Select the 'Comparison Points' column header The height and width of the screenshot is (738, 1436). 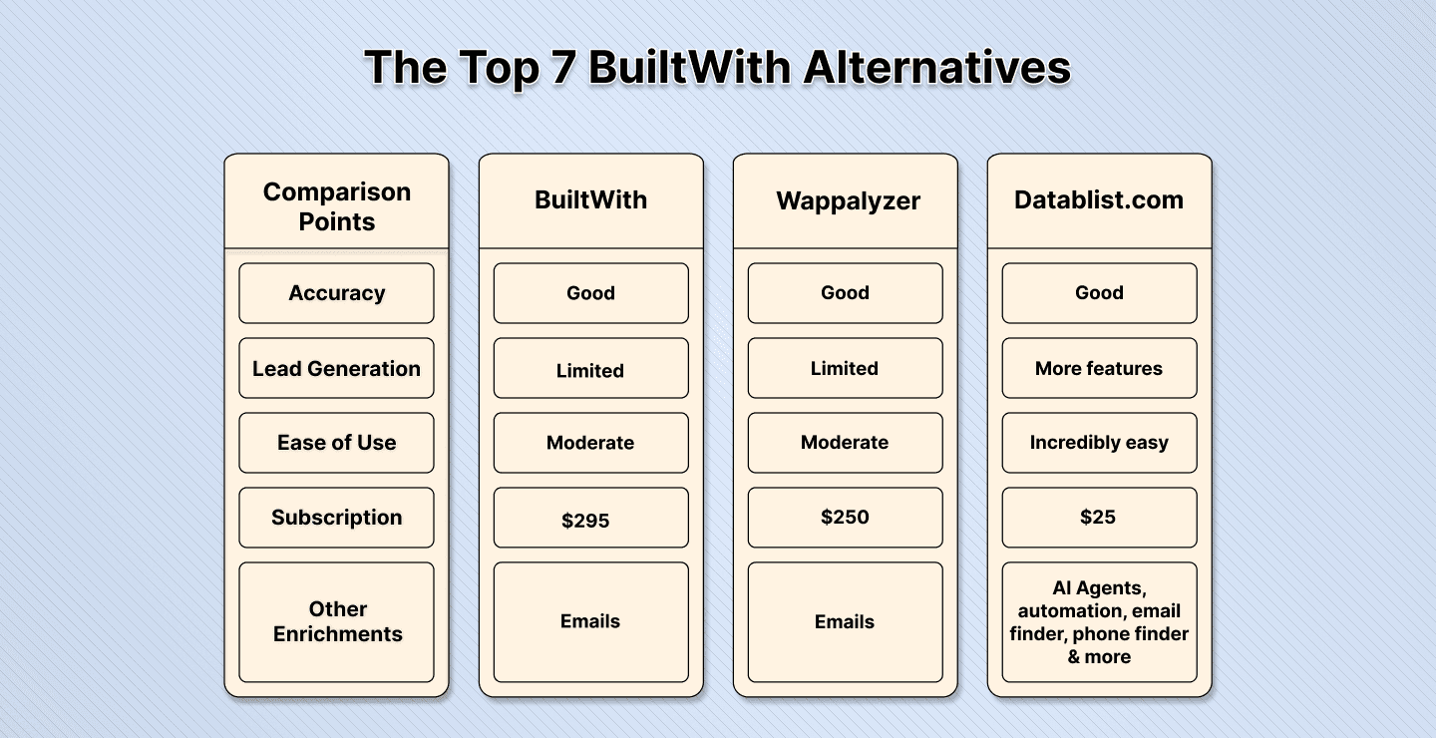point(337,206)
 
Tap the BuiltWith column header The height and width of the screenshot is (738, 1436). point(590,200)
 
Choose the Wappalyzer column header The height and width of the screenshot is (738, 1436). point(845,201)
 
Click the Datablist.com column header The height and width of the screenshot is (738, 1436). point(1099,200)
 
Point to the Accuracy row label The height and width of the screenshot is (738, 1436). point(337,293)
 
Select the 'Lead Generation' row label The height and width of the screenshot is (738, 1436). point(337,369)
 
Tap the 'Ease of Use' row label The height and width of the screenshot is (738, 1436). point(337,443)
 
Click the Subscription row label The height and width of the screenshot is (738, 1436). point(337,518)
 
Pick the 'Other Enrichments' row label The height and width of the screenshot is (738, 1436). point(337,621)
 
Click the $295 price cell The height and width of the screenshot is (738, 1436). point(590,519)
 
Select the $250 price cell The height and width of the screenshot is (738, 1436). point(845,518)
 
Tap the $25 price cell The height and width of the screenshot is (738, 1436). point(1099,518)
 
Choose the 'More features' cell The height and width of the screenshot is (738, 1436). point(1099,369)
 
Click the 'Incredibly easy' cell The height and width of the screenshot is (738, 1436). point(1099,443)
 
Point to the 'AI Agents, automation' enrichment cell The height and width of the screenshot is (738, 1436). point(1099,622)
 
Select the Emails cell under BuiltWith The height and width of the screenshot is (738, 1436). point(590,621)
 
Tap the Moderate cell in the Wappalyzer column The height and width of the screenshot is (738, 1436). point(845,443)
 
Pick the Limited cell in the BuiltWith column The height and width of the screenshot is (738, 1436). point(590,370)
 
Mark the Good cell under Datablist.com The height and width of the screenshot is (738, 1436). point(1099,293)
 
